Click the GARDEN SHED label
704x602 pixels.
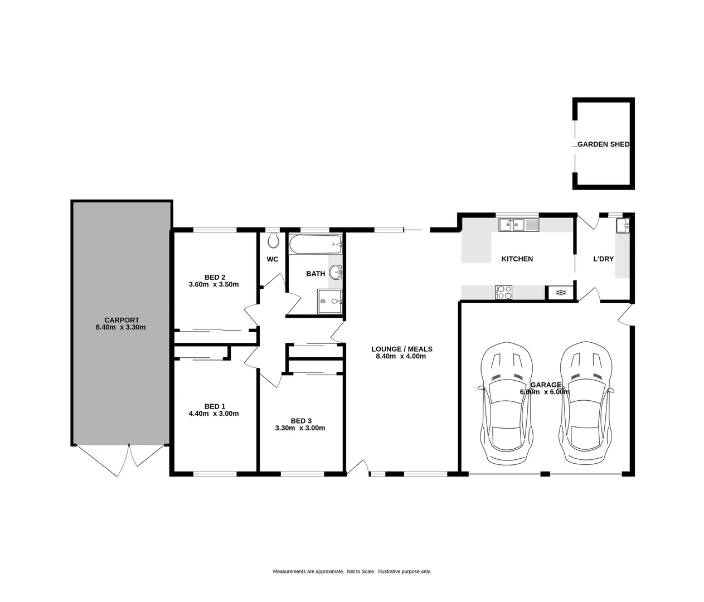[x=603, y=144]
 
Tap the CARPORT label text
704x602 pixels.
[x=121, y=320]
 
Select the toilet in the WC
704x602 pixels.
[x=273, y=241]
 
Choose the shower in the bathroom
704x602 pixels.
[x=331, y=302]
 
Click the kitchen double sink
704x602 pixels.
[x=518, y=225]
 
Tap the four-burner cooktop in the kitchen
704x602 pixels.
[x=504, y=292]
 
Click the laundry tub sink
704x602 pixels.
[x=623, y=226]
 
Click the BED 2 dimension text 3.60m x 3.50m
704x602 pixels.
[x=214, y=285]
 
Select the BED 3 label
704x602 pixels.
[x=300, y=420]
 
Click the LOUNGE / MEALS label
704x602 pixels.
[x=402, y=349]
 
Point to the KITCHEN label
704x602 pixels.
[x=517, y=259]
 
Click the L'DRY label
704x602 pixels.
[x=603, y=259]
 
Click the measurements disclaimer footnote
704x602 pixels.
[x=352, y=571]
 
